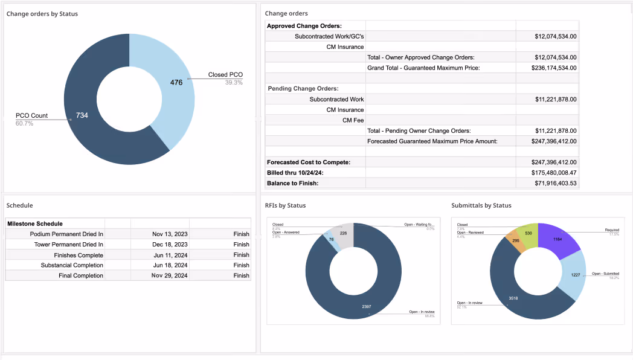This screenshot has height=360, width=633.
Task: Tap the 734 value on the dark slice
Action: (82, 115)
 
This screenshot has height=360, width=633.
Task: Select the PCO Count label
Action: (31, 115)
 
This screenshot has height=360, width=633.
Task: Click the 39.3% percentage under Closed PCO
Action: (234, 82)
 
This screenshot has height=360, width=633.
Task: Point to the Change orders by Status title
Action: (42, 14)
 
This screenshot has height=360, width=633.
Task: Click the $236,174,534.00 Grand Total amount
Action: (547, 68)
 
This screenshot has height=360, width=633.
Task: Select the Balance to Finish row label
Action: (292, 183)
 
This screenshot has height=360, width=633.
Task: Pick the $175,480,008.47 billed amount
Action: (547, 173)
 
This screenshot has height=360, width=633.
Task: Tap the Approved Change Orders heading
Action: (304, 26)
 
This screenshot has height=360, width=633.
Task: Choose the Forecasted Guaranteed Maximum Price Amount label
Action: (432, 141)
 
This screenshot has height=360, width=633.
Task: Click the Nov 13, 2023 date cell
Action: (170, 234)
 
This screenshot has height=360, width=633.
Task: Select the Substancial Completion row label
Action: (72, 265)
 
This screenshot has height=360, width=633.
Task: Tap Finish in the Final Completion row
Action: (241, 275)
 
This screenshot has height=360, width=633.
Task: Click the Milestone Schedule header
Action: (35, 223)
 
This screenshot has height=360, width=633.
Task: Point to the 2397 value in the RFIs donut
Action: (367, 307)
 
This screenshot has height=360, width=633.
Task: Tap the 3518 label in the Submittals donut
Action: (513, 298)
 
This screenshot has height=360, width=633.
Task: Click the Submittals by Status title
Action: (481, 205)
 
